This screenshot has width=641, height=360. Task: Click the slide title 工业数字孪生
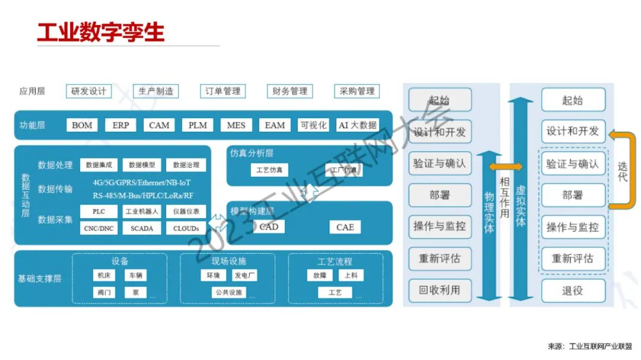point(101,32)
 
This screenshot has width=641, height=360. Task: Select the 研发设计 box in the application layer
point(88,91)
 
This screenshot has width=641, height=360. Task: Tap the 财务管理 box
point(290,91)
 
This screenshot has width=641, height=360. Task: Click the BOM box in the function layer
point(82,125)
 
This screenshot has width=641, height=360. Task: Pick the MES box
point(236,125)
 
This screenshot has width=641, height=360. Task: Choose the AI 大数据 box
point(357,125)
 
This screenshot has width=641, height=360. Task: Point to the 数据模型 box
point(142,165)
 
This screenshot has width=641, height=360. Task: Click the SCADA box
point(142,228)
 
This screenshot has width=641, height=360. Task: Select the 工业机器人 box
point(142,211)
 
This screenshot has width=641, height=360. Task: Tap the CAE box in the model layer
point(345,227)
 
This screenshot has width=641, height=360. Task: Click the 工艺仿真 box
point(269,170)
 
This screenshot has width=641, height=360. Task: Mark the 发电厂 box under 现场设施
point(245,276)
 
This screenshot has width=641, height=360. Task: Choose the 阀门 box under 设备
point(103,292)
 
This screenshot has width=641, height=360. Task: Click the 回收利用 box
point(440,291)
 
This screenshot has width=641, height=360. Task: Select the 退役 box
point(573,291)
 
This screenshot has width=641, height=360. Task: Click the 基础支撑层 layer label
point(39,278)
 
